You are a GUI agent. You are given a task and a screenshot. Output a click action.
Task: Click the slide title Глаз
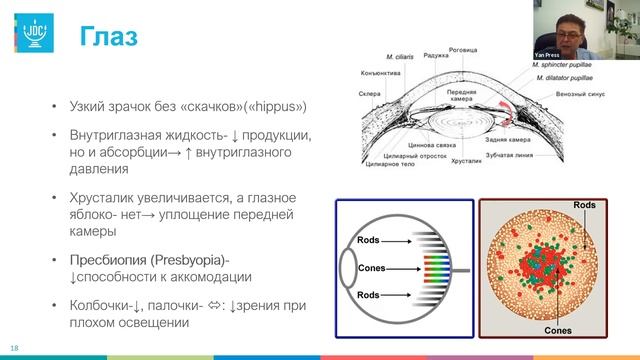click(x=109, y=37)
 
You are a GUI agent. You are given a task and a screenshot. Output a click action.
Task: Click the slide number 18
click(x=15, y=349)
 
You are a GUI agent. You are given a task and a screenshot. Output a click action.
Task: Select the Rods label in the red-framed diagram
click(x=585, y=204)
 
